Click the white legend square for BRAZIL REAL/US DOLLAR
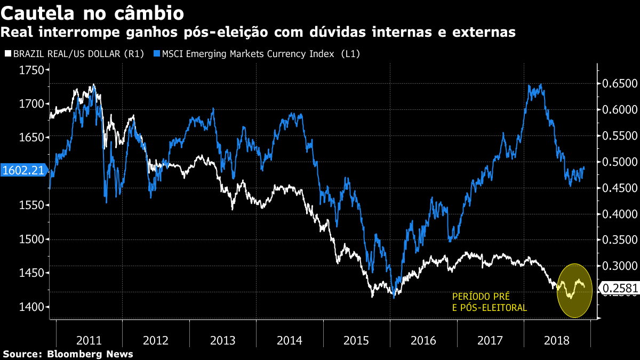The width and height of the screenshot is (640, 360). click(x=7, y=54)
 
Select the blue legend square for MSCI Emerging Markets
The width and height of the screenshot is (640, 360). click(x=156, y=54)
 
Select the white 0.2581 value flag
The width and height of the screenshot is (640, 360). click(x=619, y=289)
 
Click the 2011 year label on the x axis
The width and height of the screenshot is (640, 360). click(x=90, y=340)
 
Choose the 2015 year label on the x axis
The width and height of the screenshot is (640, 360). click(x=356, y=340)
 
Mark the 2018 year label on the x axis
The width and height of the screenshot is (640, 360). click(x=557, y=340)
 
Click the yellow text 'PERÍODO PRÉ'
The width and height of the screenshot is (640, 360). click(x=477, y=297)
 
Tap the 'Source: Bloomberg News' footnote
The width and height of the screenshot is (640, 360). click(x=68, y=354)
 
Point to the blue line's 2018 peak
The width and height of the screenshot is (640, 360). click(x=541, y=84)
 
